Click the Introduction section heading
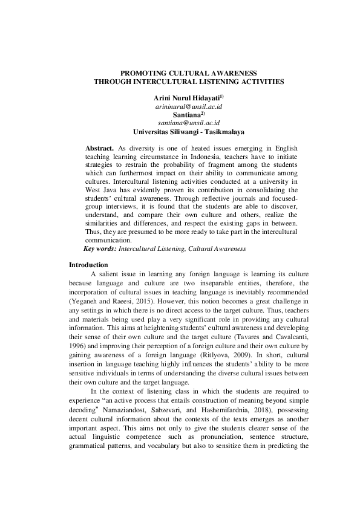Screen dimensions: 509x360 (88, 265)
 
